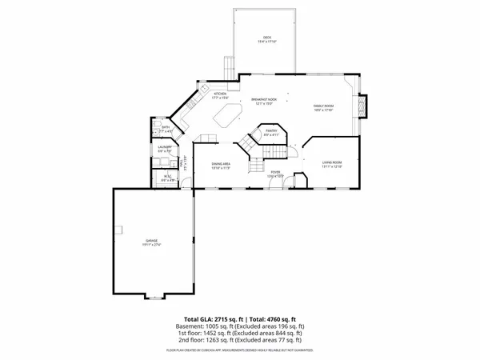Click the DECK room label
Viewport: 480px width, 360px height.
pos(267,38)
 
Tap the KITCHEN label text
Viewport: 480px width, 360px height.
pos(219,95)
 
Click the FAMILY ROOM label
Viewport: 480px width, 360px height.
pos(322,107)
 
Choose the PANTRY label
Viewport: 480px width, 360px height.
pos(271,131)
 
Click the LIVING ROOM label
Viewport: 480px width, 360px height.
pos(332,165)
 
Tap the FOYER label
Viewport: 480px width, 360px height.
pos(275,173)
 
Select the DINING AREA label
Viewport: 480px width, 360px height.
pos(220,166)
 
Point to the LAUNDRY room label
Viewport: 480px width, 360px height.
pos(166,148)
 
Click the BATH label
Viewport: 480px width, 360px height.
pos(166,128)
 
